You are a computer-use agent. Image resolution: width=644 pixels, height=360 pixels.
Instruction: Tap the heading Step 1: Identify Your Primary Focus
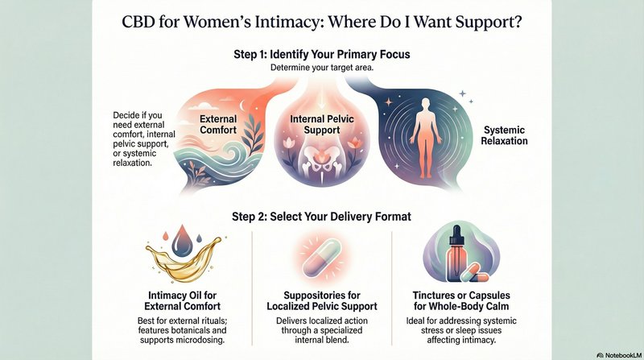coord(322,54)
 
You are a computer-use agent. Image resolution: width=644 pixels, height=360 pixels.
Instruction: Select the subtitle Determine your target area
coord(322,68)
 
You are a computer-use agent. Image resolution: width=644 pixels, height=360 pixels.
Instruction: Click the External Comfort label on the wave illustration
coord(218,125)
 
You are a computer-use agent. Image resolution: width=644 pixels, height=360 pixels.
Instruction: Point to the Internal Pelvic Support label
coord(322,125)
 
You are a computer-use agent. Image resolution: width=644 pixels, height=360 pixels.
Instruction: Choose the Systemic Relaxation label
coord(505,135)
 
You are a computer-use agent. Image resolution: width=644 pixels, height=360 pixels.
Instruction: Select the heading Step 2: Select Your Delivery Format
coord(321,217)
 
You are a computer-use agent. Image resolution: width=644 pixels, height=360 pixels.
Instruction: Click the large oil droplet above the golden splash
coord(182,242)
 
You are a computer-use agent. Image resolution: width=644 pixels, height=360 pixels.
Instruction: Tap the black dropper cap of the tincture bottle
coord(456,235)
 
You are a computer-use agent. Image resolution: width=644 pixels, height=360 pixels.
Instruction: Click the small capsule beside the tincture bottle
coord(474,273)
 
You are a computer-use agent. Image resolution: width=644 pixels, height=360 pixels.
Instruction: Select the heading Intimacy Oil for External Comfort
coord(183,301)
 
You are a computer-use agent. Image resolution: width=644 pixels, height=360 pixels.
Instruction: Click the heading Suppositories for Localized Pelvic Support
coord(322,301)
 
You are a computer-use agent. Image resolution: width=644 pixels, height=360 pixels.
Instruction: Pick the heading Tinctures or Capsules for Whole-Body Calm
coord(461,301)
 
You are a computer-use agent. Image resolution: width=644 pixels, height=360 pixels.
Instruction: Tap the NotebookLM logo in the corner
coord(619,355)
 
